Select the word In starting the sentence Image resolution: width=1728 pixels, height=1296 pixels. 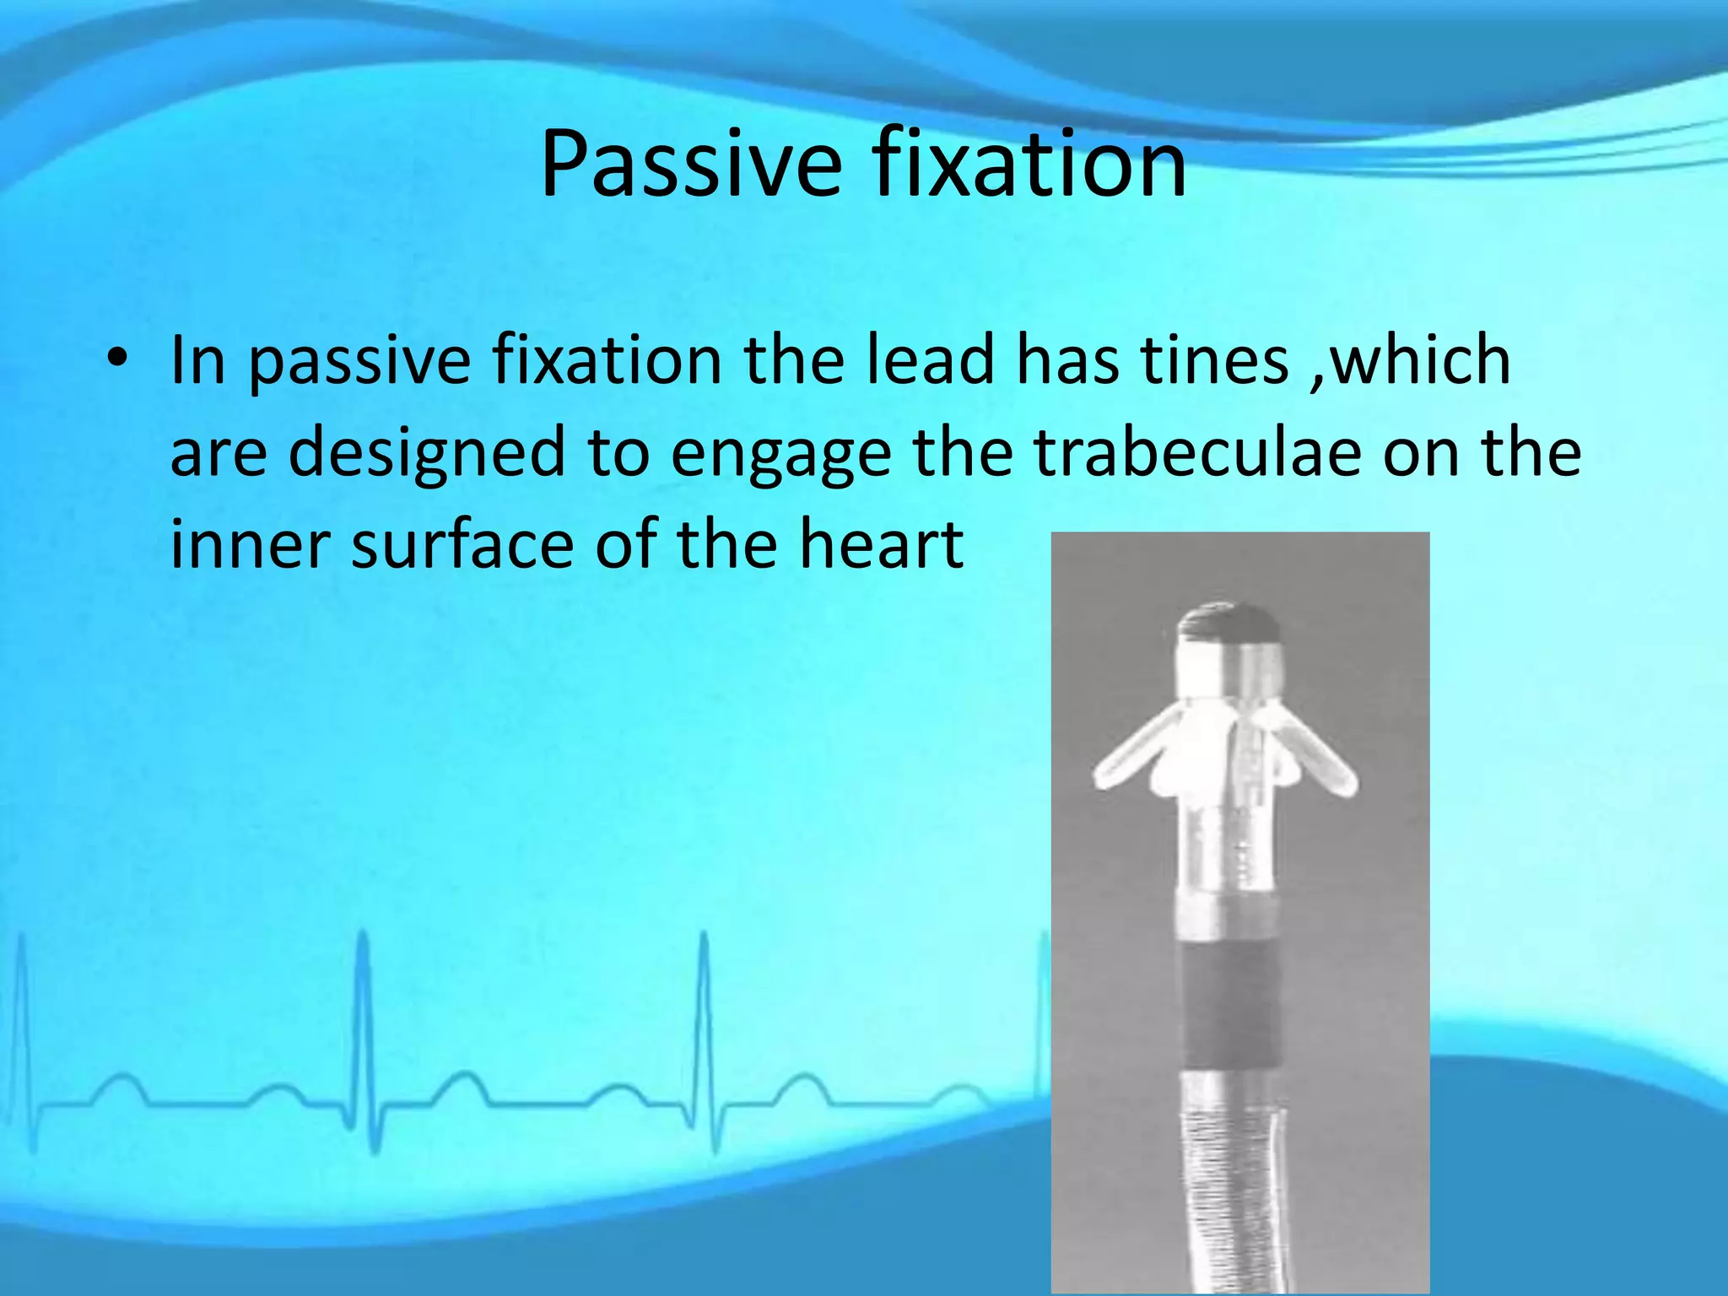point(198,360)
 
